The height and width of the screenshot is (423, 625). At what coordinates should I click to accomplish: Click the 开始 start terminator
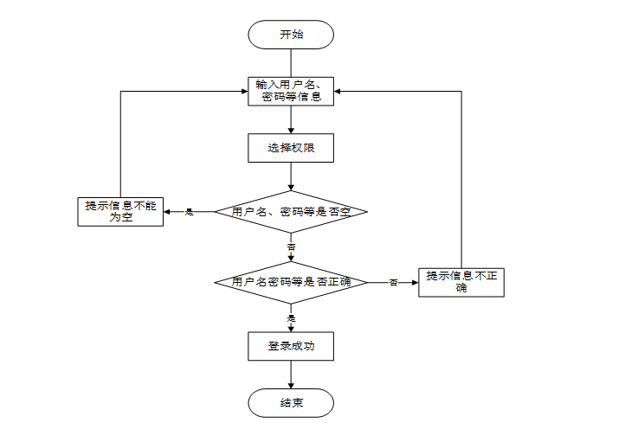coord(291,35)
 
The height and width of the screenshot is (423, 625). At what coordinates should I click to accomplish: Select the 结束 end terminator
coord(291,403)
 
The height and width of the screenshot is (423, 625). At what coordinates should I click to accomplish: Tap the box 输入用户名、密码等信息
coord(291,91)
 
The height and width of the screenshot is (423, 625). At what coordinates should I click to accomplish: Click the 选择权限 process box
coord(291,148)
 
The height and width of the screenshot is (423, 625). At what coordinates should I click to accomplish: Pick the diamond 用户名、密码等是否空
coord(291,211)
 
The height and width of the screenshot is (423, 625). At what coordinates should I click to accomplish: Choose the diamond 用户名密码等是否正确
coord(291,282)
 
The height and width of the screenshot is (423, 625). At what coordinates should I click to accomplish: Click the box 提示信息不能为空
coord(120,212)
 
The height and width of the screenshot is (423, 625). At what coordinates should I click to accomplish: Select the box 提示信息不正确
coord(461,282)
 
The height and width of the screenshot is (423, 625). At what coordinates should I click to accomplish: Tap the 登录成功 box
coord(291,346)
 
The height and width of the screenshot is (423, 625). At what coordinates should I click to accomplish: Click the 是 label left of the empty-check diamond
coord(189,212)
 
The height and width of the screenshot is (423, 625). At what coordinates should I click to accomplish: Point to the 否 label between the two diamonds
coord(291,247)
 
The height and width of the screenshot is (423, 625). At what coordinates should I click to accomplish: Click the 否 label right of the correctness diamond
coord(393,283)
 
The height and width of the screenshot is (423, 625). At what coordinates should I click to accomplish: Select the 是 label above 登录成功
coord(291,318)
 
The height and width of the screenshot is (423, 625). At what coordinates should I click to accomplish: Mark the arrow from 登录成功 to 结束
coord(291,375)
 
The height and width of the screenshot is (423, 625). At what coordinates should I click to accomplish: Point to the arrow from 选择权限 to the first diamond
coord(291,176)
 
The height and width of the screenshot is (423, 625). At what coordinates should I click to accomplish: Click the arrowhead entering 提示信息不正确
coord(415,282)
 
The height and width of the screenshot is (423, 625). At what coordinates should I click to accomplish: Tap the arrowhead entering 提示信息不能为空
coord(167,212)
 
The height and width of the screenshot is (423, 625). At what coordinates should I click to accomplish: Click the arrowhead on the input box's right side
coord(338,91)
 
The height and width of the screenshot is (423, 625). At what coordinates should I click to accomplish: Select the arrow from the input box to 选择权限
coord(291,120)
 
